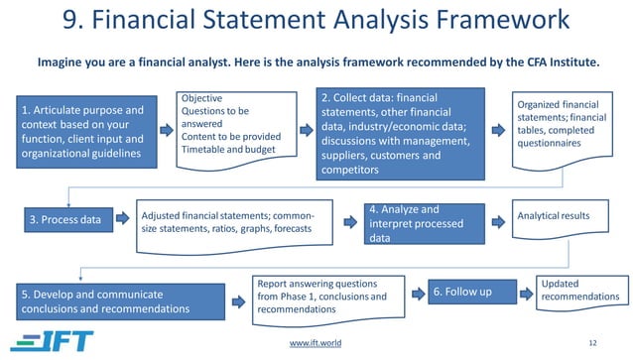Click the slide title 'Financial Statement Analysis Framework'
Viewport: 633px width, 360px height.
click(x=316, y=20)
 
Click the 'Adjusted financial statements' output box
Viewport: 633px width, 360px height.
click(x=233, y=223)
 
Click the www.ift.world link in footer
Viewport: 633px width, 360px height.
click(x=316, y=342)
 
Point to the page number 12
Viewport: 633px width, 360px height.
click(x=593, y=342)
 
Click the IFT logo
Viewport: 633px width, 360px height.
click(x=57, y=340)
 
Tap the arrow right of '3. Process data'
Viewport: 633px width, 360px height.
click(x=123, y=219)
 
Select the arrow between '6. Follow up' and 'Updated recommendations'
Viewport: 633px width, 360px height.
click(x=526, y=291)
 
